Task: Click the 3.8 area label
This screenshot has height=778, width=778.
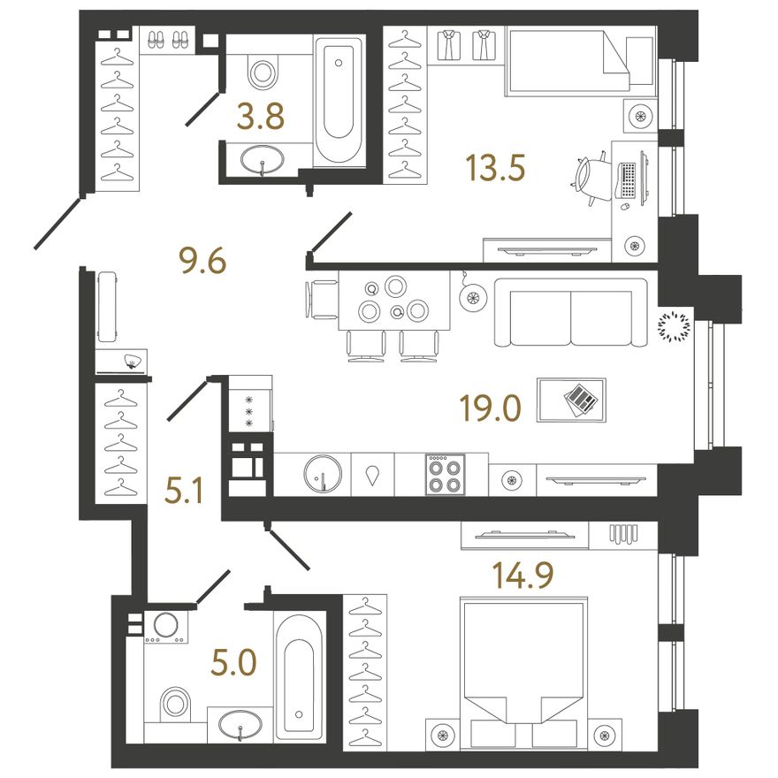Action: (x=261, y=117)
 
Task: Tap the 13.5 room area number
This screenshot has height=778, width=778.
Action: (x=495, y=167)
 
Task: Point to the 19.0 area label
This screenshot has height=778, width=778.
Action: (x=490, y=408)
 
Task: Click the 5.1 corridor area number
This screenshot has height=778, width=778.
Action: (x=184, y=492)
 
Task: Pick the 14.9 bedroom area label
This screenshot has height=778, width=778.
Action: (x=522, y=575)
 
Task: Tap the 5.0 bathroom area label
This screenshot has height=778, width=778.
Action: (x=233, y=663)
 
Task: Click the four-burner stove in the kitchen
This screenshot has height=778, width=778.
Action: (x=445, y=475)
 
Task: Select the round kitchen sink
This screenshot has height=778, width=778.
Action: (x=323, y=474)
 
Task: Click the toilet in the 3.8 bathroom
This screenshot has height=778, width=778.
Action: (x=262, y=71)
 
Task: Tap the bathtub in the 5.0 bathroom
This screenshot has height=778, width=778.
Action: (x=299, y=675)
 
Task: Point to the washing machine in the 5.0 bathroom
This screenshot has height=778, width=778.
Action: (x=166, y=627)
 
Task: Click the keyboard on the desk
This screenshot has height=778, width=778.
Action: (x=626, y=179)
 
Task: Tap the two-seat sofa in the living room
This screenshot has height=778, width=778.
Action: (x=570, y=313)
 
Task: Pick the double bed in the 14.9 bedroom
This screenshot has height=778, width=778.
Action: (x=524, y=673)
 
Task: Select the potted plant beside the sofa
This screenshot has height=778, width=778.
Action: (x=674, y=326)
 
